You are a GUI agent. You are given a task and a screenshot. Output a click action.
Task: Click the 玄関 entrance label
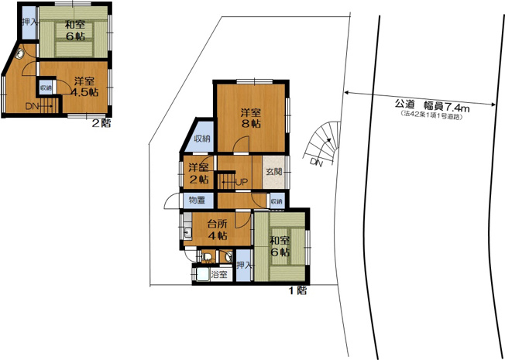tap(273, 172)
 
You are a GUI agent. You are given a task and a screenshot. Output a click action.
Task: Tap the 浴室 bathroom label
tap(219, 274)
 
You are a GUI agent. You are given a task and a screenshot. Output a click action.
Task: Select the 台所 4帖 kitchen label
tap(217, 230)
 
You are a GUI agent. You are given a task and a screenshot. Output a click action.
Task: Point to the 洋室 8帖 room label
tap(249, 117)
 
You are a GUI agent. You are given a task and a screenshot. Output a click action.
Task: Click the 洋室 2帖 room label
tap(198, 173)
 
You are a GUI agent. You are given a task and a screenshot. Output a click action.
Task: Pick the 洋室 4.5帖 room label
tap(84, 86)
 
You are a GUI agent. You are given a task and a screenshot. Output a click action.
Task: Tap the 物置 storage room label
tap(196, 201)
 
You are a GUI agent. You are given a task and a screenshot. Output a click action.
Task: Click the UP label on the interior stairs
tap(242, 183)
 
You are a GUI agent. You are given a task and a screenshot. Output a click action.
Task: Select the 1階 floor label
tap(298, 291)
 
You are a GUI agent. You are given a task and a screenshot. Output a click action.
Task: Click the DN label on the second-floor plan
tap(32, 106)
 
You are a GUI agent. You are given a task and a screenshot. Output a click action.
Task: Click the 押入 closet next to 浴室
tap(243, 265)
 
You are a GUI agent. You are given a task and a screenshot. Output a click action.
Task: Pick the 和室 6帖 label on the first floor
tap(280, 247)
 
